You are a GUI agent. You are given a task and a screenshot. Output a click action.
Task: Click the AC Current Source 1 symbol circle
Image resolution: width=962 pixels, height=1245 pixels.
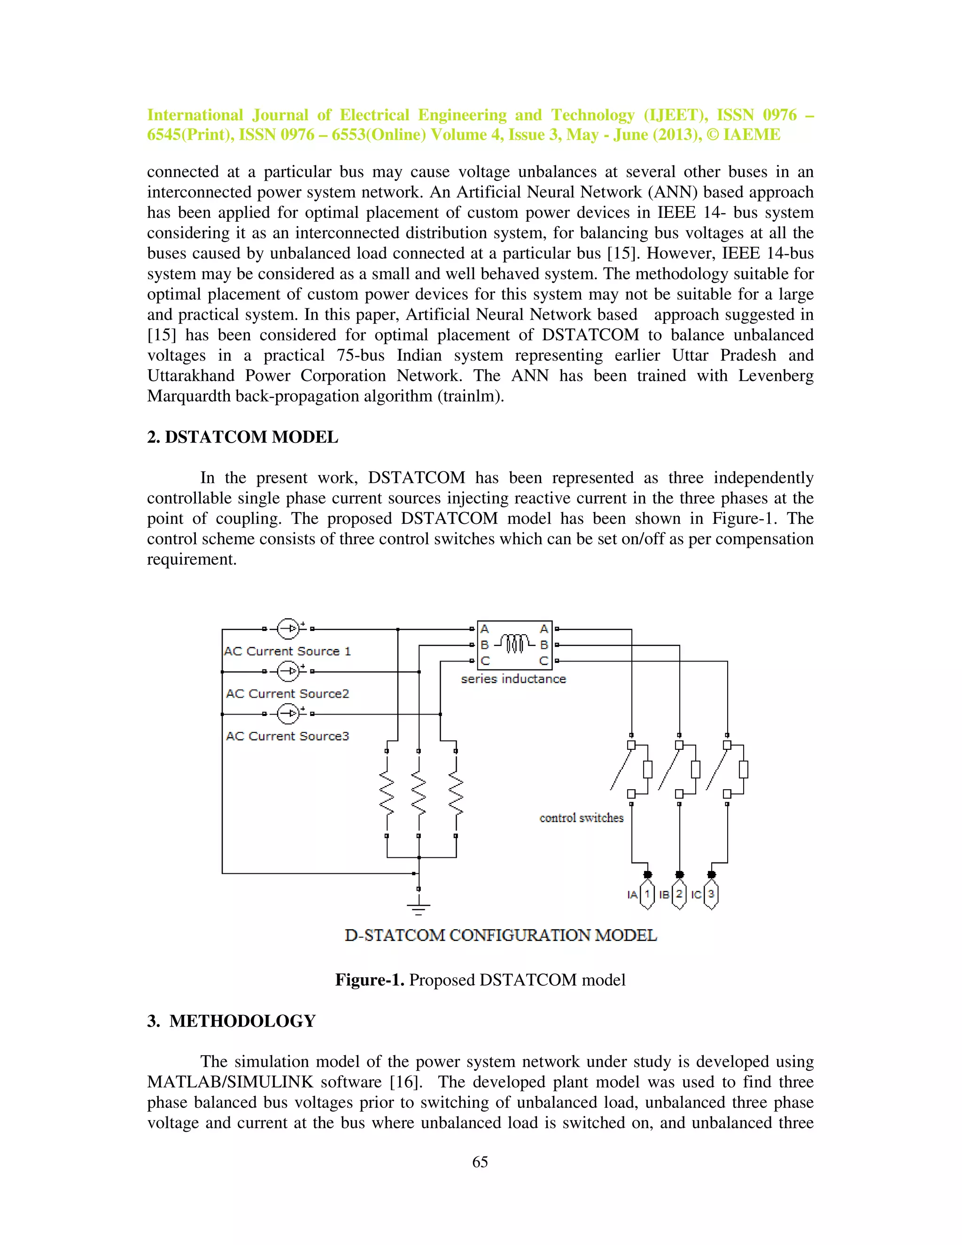[288, 629]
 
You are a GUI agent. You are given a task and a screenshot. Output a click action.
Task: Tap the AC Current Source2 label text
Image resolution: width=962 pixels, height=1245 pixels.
[287, 694]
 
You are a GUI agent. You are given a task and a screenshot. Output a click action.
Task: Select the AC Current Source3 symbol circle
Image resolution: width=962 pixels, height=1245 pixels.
[288, 714]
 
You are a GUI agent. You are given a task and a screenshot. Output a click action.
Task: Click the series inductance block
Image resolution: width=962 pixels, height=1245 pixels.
[514, 645]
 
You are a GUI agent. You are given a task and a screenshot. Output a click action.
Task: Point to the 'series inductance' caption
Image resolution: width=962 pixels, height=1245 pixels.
[513, 679]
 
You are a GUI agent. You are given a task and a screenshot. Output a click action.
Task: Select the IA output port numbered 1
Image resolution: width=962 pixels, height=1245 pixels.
[647, 895]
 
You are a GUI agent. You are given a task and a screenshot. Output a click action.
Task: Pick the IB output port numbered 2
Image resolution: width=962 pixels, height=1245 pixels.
[679, 895]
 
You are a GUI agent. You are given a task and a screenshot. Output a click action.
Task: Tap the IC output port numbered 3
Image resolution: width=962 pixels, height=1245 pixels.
[711, 895]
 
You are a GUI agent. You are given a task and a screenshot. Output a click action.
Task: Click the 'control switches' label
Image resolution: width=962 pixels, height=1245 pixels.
[582, 818]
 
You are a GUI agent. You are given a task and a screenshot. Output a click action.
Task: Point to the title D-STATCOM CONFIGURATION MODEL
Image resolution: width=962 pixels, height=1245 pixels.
[500, 935]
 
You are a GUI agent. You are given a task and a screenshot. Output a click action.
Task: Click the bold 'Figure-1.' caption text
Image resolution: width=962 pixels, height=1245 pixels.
[369, 980]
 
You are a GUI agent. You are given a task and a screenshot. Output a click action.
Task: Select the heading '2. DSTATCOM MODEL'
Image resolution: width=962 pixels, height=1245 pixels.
[242, 437]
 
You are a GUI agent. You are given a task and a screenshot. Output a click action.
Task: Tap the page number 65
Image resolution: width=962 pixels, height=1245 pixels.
[480, 1162]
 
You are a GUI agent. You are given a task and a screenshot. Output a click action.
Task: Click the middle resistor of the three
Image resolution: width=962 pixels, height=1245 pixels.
[419, 794]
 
